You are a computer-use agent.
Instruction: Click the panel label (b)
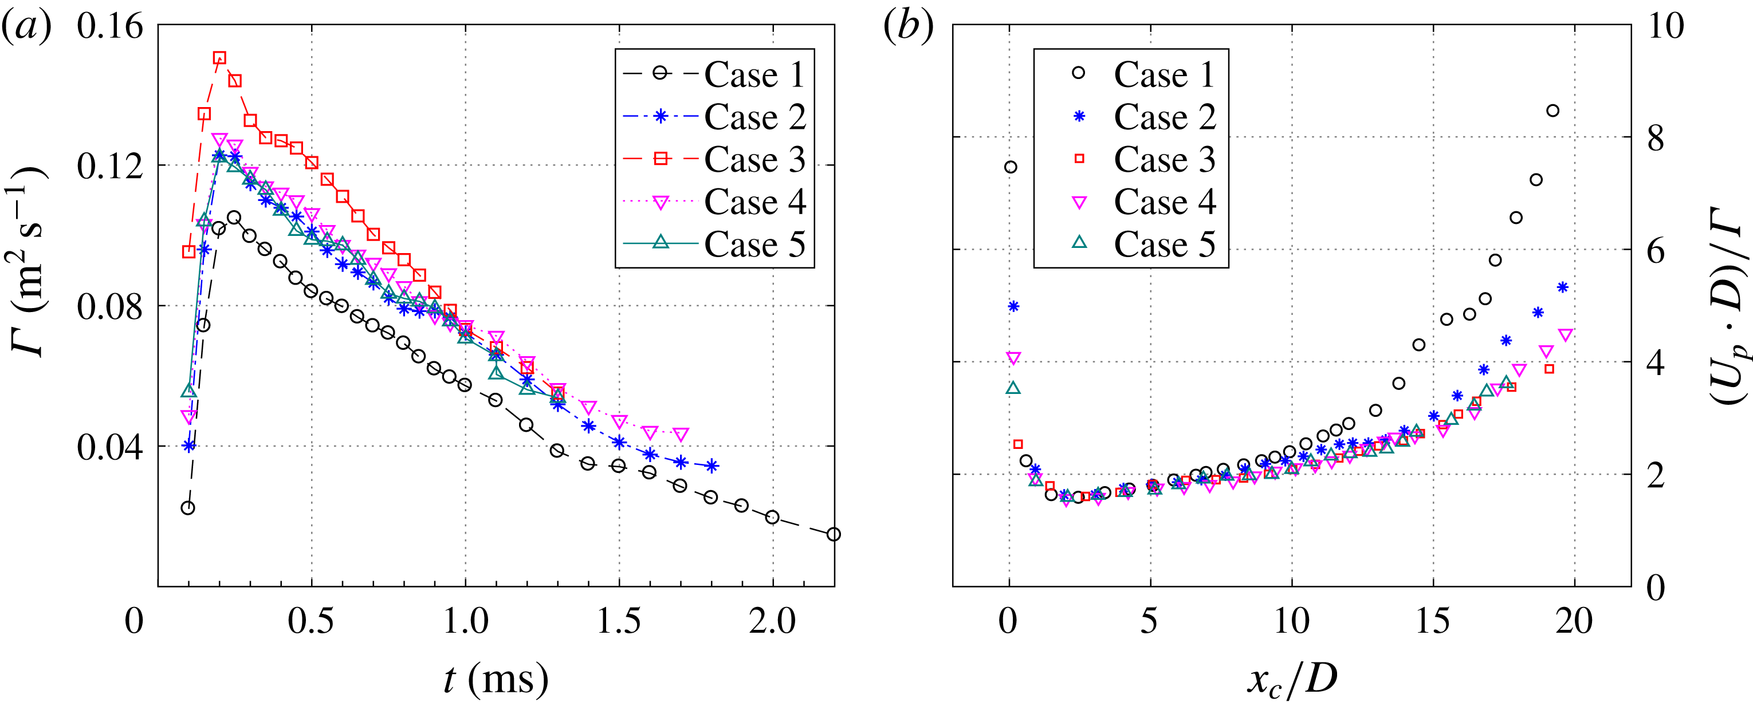[x=908, y=29]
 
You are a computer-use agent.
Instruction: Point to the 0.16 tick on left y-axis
[x=109, y=27]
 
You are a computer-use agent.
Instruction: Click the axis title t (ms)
[x=496, y=678]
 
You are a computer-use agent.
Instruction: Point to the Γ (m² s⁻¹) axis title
[x=29, y=261]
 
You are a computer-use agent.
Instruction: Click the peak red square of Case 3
[x=219, y=58]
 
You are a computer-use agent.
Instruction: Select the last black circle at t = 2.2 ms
[x=834, y=535]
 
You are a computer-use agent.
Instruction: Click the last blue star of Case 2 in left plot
[x=711, y=466]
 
